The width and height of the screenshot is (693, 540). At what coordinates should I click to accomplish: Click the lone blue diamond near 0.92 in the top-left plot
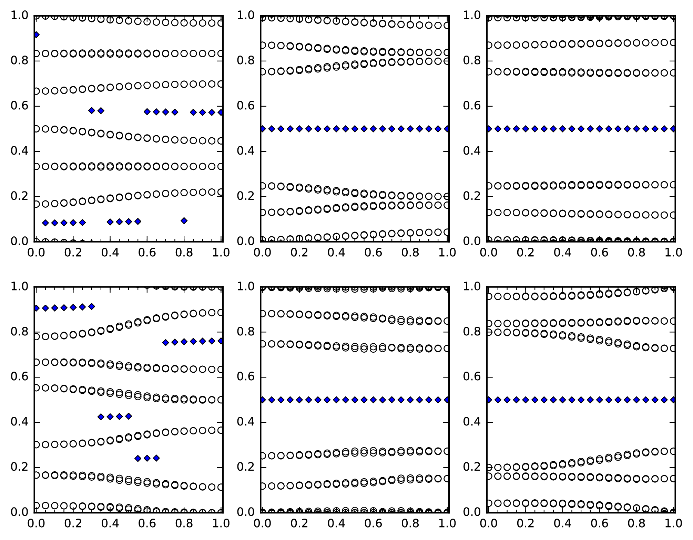click(x=35, y=35)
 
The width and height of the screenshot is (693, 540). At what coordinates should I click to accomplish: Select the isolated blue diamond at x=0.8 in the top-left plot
click(x=184, y=220)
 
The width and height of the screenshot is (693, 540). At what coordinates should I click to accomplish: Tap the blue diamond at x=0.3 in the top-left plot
click(x=92, y=111)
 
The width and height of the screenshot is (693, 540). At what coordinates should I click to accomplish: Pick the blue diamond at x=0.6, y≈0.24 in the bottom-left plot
click(x=147, y=458)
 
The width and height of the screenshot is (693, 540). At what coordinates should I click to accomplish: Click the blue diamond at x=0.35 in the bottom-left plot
click(x=101, y=417)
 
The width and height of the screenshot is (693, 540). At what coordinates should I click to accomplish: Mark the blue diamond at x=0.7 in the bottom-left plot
click(x=165, y=343)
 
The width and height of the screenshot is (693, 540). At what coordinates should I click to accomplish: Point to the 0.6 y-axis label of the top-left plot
click(x=20, y=106)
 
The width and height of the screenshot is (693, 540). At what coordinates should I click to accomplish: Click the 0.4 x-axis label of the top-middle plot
click(x=336, y=253)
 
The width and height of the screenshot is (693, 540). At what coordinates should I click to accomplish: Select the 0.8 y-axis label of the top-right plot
click(x=472, y=61)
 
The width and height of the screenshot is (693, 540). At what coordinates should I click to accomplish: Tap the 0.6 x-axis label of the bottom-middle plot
click(x=374, y=523)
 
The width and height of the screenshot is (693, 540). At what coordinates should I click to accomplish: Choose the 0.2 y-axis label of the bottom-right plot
click(x=472, y=467)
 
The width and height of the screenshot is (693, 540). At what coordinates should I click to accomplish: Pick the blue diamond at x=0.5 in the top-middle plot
click(x=355, y=129)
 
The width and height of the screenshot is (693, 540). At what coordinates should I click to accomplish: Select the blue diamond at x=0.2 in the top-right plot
click(x=526, y=129)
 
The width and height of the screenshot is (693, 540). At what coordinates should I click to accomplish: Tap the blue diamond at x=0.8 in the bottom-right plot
click(x=636, y=400)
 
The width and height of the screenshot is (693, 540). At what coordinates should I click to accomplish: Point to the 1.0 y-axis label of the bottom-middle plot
click(x=246, y=287)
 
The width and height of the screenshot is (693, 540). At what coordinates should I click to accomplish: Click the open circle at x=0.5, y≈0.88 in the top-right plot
click(x=581, y=44)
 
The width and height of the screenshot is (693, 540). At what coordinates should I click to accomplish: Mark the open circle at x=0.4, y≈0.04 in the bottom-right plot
click(x=562, y=503)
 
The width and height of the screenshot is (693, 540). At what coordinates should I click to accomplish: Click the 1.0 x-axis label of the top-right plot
click(x=673, y=253)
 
